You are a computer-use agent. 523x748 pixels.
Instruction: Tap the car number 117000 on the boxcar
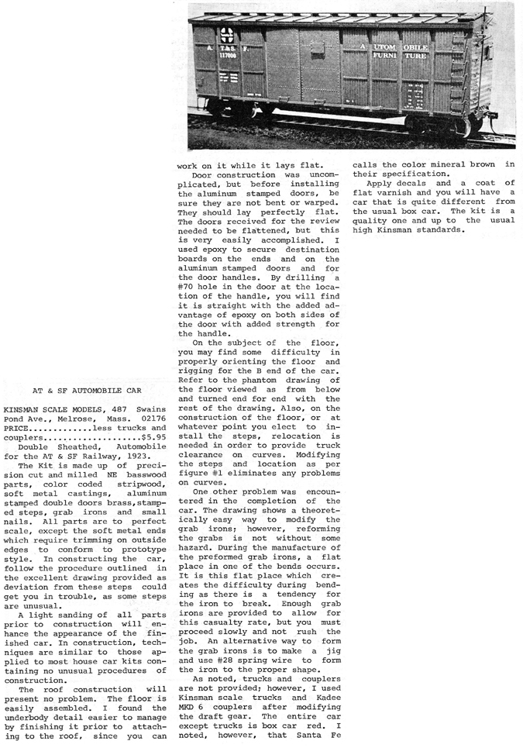pyautogui.click(x=228, y=56)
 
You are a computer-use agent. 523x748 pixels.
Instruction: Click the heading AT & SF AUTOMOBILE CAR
pyautogui.click(x=87, y=391)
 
